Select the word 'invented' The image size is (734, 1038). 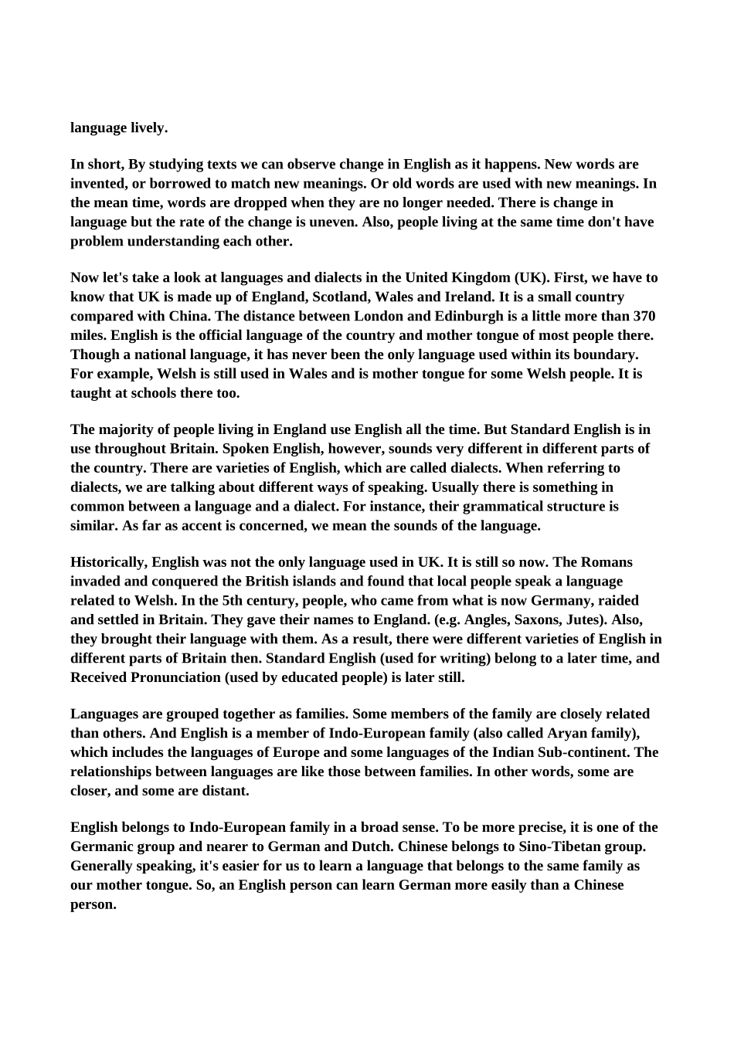[97, 184]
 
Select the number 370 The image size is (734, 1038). [644, 317]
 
